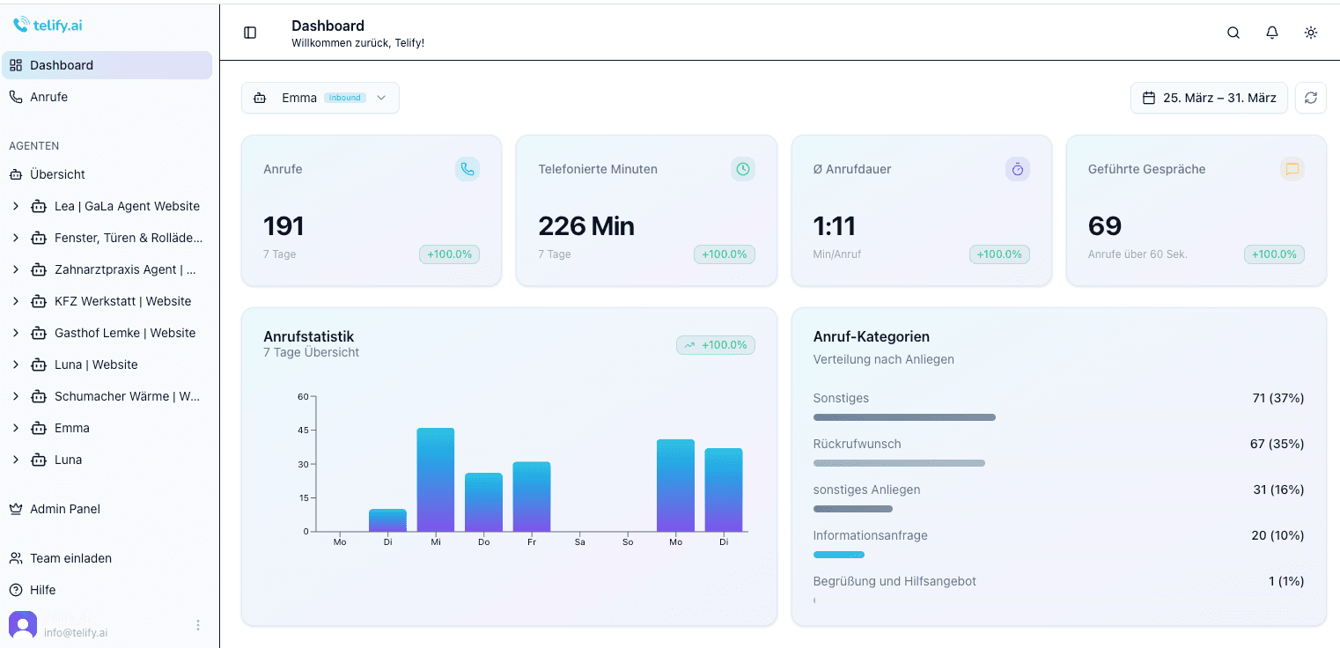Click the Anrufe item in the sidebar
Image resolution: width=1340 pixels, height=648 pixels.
coord(48,97)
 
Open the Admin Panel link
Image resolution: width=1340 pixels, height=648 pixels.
coord(64,509)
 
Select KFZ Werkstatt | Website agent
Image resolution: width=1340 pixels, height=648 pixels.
coord(122,301)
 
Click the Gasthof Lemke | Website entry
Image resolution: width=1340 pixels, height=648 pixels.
coord(124,333)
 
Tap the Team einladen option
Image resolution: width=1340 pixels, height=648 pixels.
coord(70,558)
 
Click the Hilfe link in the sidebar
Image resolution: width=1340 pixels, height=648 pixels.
coord(42,590)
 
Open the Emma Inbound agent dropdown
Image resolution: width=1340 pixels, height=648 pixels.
coord(320,98)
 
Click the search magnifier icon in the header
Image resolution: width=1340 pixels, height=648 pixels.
coord(1233,33)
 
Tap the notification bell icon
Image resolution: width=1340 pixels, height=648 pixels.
coord(1272,33)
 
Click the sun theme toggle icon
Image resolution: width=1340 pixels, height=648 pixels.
coord(1311,33)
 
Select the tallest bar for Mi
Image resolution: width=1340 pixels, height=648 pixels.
coord(436,480)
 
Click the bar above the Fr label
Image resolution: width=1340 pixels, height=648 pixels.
coord(532,497)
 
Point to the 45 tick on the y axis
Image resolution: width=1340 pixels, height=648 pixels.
coord(303,431)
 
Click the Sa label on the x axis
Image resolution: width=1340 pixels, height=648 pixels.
coord(579,542)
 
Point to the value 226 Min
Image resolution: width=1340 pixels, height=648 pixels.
coord(586,226)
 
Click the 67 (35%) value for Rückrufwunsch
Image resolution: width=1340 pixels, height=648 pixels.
coord(1277,444)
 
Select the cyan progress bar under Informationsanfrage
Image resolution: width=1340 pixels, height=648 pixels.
coord(838,555)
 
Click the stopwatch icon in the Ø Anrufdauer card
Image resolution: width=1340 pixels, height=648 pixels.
coord(1018,169)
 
